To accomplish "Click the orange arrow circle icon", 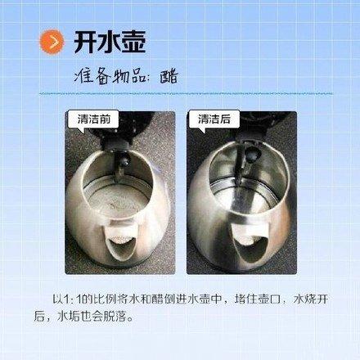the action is (52, 42).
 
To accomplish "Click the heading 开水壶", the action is (110, 42).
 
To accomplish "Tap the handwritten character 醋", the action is (169, 77).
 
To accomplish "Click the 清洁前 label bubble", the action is (93, 119).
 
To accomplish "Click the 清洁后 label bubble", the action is (214, 119).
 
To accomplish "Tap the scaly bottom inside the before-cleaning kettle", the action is (118, 201).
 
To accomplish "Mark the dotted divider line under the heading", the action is (186, 93).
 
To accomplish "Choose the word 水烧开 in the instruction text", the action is (310, 299).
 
